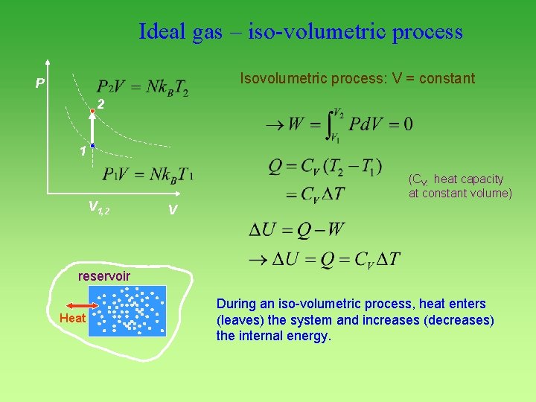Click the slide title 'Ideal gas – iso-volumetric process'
[300, 32]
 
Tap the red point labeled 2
[92, 111]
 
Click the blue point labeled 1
[92, 146]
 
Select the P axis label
[39, 83]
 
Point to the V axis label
[172, 211]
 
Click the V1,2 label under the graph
[98, 207]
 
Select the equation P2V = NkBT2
[142, 87]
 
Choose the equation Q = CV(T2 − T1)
[325, 167]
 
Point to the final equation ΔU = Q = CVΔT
[325, 259]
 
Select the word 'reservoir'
[104, 277]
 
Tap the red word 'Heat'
[72, 319]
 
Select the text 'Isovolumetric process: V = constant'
[357, 78]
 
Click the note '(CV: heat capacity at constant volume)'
[460, 186]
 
